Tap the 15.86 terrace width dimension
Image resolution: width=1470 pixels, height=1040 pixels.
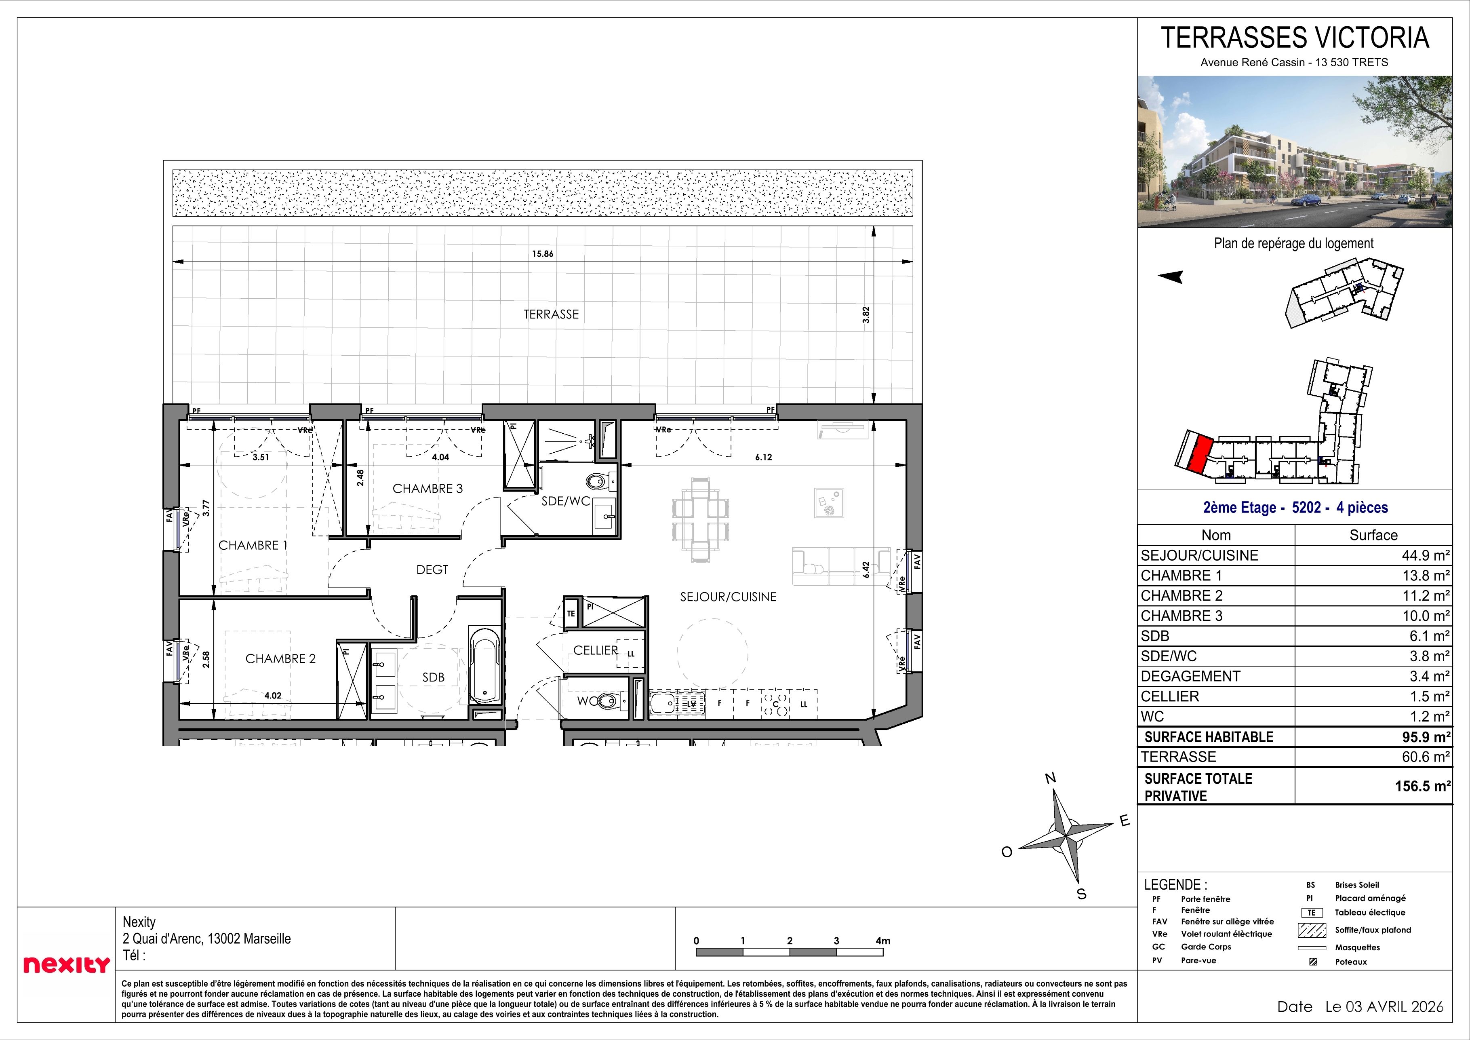point(542,253)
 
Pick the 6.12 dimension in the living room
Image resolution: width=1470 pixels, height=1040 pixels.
point(763,457)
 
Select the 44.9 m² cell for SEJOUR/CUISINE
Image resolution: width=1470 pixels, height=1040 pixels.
point(1425,555)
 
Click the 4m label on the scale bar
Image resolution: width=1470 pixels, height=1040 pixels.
point(882,941)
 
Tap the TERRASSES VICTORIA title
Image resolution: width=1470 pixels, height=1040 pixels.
point(1295,38)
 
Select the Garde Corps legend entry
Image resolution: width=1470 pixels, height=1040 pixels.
point(1206,947)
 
